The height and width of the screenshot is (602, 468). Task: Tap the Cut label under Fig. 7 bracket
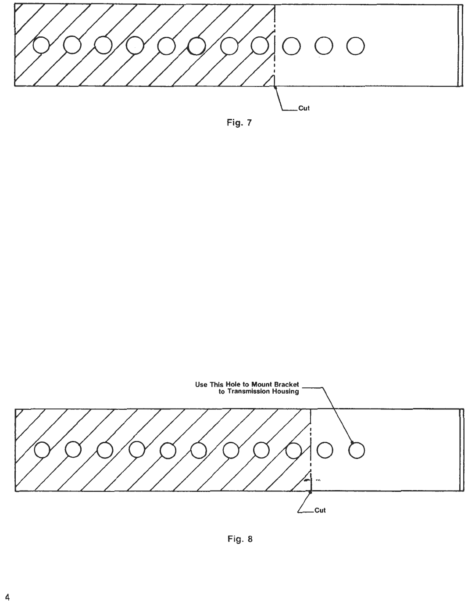(304, 108)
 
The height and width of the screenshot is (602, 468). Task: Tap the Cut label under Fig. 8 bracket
(320, 511)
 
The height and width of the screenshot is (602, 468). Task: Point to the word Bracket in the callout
(285, 384)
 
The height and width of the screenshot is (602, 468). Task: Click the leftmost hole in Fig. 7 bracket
(41, 45)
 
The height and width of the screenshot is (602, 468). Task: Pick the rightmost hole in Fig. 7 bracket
(355, 45)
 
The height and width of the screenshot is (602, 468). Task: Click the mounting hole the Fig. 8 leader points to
(357, 450)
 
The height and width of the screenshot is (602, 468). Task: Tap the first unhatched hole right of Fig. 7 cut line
(291, 45)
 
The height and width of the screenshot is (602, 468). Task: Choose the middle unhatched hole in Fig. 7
(324, 45)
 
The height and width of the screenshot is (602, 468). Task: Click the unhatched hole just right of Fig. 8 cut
(325, 450)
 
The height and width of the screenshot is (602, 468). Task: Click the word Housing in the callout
(286, 391)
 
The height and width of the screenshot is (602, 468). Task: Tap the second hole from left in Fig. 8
(73, 450)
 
